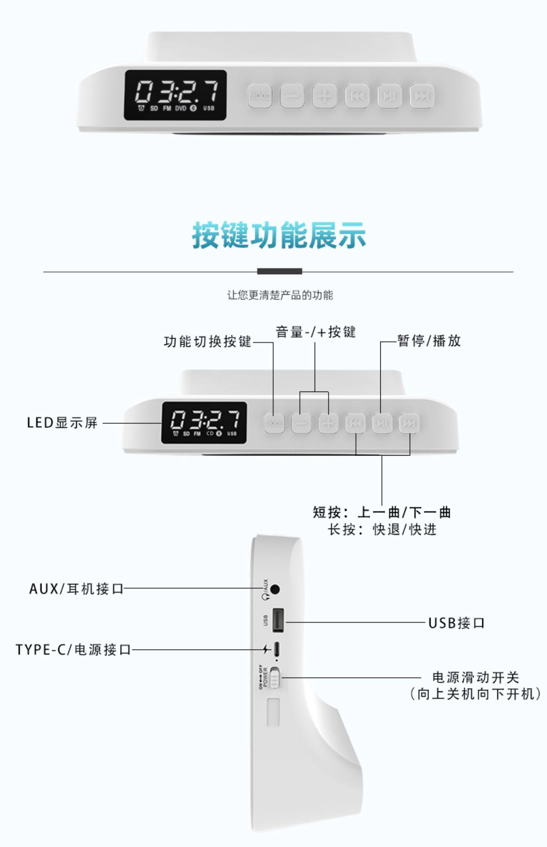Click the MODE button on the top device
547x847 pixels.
(260, 96)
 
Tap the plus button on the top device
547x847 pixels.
(324, 96)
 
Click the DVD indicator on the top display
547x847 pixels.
(181, 108)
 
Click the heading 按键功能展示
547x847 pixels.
(279, 235)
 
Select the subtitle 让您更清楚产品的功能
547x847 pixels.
(280, 295)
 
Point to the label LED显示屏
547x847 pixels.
(62, 423)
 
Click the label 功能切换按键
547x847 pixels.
(207, 341)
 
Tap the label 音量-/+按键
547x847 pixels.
(315, 332)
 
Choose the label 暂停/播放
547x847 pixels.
(429, 341)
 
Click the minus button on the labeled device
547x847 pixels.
(301, 423)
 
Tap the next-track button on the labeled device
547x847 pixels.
(409, 423)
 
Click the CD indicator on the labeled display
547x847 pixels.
(210, 433)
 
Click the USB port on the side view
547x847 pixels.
(278, 621)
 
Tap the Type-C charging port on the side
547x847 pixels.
(277, 649)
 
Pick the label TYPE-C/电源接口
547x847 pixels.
(73, 650)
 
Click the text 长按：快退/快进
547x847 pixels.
(382, 530)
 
